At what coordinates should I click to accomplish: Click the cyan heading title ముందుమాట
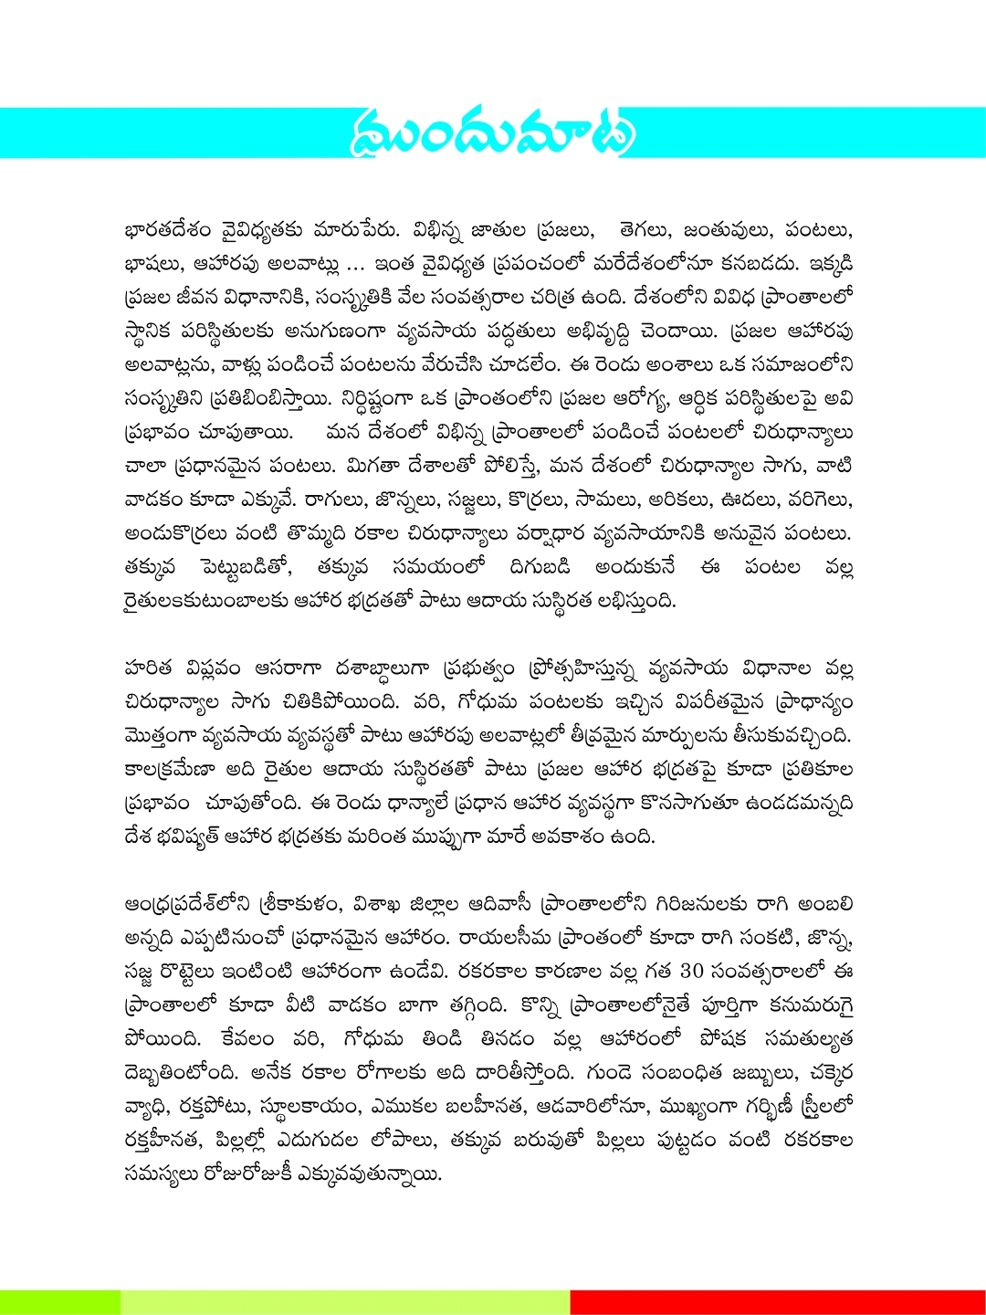click(492, 133)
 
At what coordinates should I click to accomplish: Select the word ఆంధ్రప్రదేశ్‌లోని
click(187, 904)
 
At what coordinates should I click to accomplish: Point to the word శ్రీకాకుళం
click(300, 904)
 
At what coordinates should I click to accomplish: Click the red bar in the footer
click(777, 1302)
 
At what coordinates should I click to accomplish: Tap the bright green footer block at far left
click(59, 1302)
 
